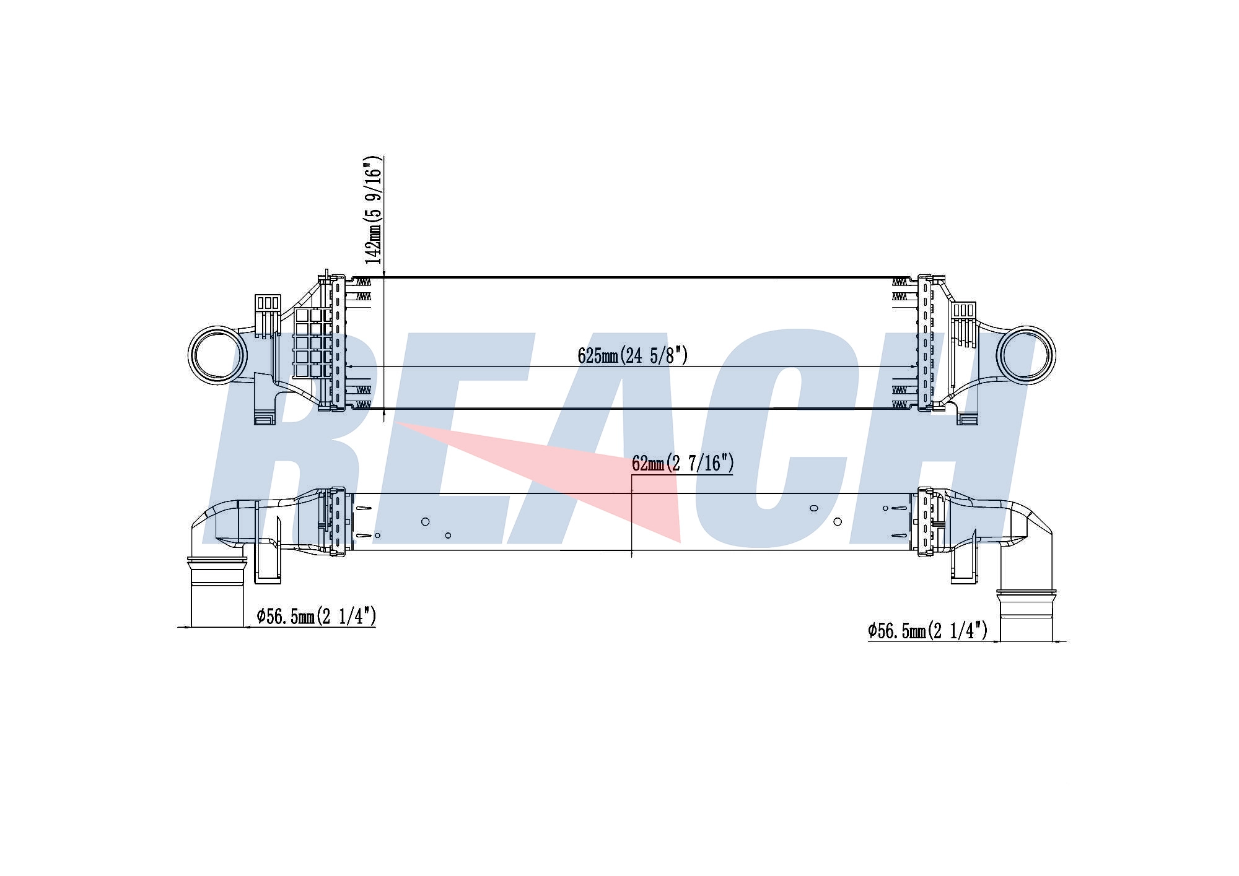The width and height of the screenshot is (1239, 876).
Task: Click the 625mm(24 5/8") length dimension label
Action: pyautogui.click(x=633, y=355)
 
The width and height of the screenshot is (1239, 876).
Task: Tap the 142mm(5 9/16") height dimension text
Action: pyautogui.click(x=373, y=210)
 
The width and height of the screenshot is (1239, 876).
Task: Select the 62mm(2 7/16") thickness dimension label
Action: pyautogui.click(x=683, y=463)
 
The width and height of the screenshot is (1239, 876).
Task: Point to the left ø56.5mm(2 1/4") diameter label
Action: pyautogui.click(x=317, y=616)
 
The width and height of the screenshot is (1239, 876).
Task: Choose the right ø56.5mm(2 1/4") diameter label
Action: pyautogui.click(x=927, y=631)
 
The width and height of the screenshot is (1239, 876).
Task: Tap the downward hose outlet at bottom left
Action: pyautogui.click(x=216, y=591)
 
